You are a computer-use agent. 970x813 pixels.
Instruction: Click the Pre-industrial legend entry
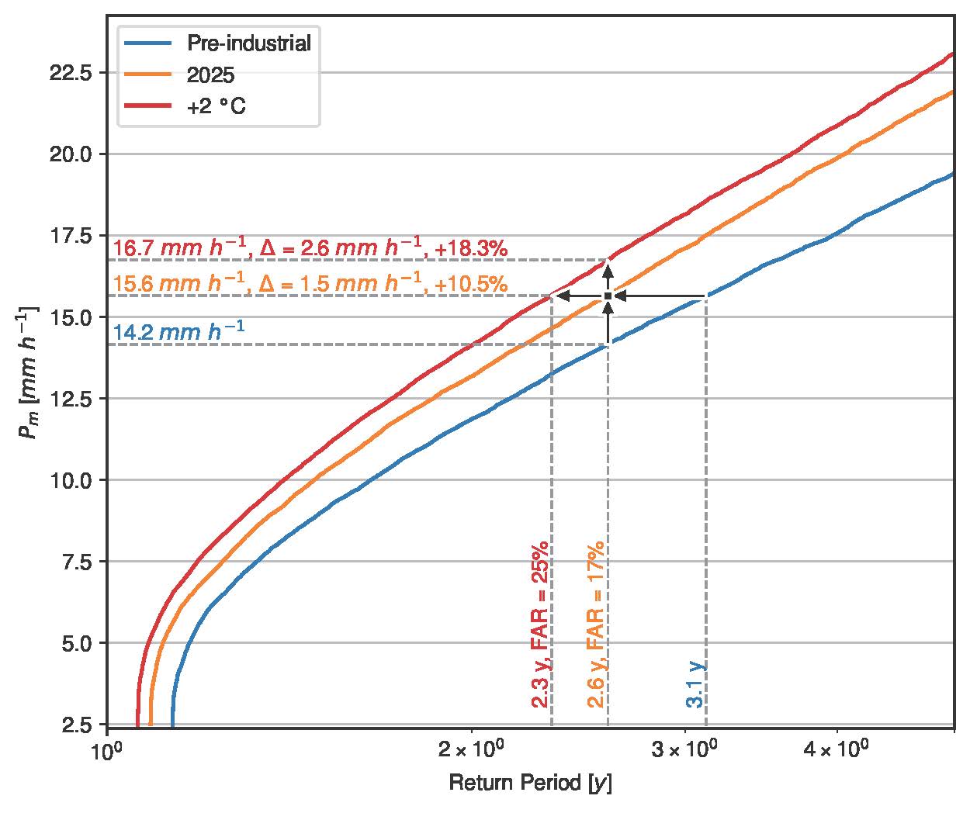click(249, 43)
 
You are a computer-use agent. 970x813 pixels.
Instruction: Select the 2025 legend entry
click(210, 74)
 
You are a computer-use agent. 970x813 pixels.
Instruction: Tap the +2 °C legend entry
click(216, 107)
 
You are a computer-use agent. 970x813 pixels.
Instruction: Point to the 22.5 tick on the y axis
click(71, 73)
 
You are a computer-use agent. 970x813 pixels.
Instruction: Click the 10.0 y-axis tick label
click(71, 480)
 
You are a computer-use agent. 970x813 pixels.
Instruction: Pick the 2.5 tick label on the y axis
click(78, 725)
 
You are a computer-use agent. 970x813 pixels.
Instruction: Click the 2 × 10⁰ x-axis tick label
click(471, 752)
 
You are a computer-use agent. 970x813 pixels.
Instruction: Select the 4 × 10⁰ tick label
click(836, 752)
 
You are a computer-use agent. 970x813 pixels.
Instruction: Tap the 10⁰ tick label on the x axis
click(106, 752)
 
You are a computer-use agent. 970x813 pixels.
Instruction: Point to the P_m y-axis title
click(28, 373)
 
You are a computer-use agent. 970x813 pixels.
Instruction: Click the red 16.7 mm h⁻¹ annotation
click(178, 249)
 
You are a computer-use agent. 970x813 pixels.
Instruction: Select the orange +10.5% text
click(472, 285)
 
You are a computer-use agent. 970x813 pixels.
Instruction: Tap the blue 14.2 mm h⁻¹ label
click(178, 332)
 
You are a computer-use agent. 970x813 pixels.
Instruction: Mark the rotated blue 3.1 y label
click(695, 683)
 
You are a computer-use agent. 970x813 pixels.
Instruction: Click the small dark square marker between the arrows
click(608, 296)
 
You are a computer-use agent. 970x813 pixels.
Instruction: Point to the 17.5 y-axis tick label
click(71, 236)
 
